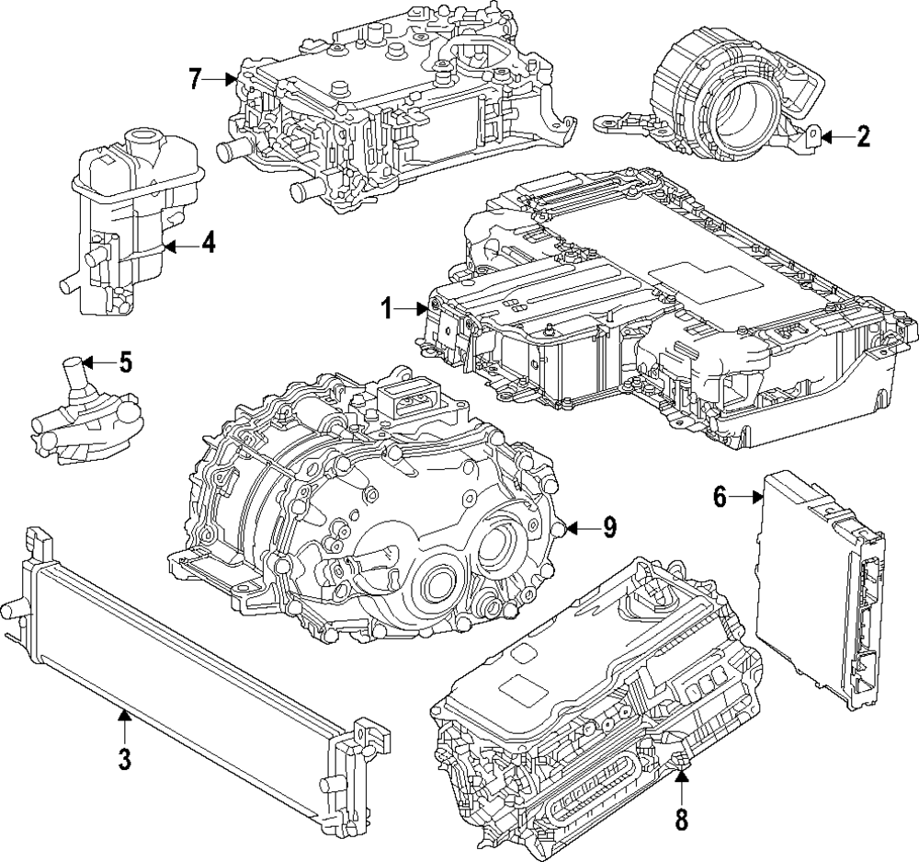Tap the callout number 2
pos(862,138)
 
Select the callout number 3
pos(125,759)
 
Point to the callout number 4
pos(209,245)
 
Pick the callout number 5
pos(125,362)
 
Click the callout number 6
pos(720,498)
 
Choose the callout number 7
pos(195,79)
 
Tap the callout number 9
pos(608,527)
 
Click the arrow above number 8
pos(680,779)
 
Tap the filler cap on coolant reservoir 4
pos(143,143)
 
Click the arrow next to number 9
pos(577,527)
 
